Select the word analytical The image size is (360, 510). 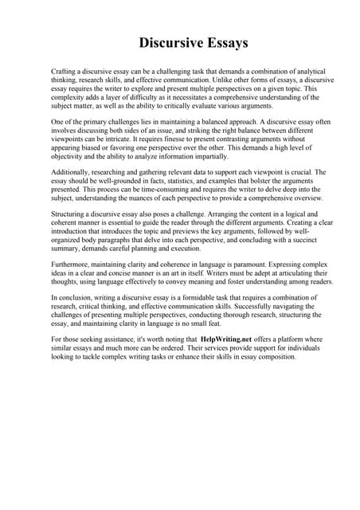coord(288,72)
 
